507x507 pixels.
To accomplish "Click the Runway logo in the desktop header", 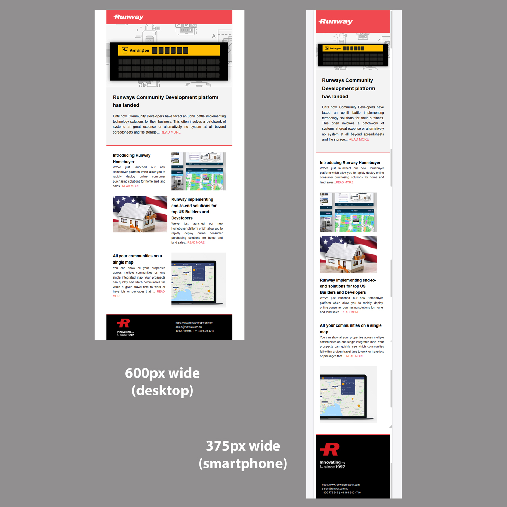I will tap(128, 17).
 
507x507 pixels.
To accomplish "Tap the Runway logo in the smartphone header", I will tap(336, 21).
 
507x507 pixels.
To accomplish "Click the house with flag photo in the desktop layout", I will tap(140, 214).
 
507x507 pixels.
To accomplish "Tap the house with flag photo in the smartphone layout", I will tap(348, 254).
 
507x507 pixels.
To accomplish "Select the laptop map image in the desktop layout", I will tap(198, 280).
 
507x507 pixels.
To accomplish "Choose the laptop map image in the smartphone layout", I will tap(348, 394).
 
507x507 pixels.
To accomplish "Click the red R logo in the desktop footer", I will tap(124, 323).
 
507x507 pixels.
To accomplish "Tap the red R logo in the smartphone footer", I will tap(330, 449).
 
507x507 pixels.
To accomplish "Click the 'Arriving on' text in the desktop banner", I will tap(139, 51).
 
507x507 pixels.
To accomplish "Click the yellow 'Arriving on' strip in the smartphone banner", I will tap(352, 48).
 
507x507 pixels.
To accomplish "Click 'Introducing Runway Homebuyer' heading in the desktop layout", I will tap(131, 159).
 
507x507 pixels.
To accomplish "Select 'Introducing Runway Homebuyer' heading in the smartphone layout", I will tap(350, 163).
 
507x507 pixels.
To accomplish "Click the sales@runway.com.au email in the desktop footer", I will tap(189, 327).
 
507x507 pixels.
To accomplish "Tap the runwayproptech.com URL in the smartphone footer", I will tap(341, 485).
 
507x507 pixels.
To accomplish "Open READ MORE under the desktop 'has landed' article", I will tap(170, 132).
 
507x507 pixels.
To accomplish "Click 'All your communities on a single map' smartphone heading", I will tap(351, 329).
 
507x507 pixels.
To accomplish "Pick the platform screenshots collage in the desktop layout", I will tap(198, 171).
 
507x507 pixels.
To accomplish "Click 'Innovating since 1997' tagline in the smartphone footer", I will tap(332, 465).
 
